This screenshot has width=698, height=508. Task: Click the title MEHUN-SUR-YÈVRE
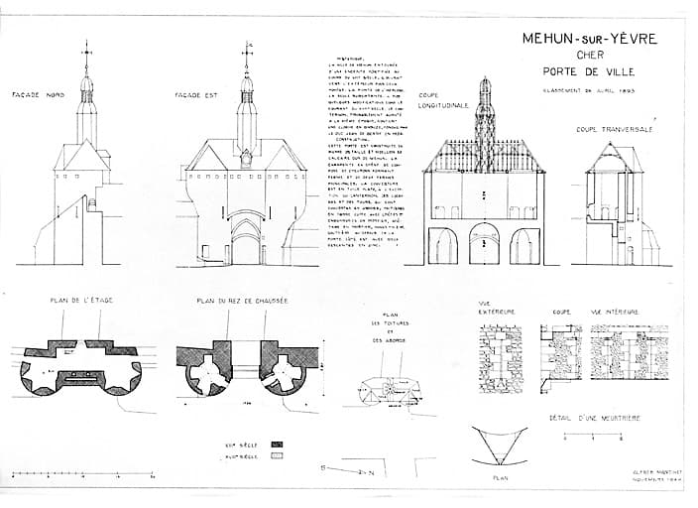[588, 39]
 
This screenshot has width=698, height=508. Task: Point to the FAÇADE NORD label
[38, 94]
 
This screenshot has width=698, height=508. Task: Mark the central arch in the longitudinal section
[484, 244]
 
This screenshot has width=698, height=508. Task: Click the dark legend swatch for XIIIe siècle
[278, 444]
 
